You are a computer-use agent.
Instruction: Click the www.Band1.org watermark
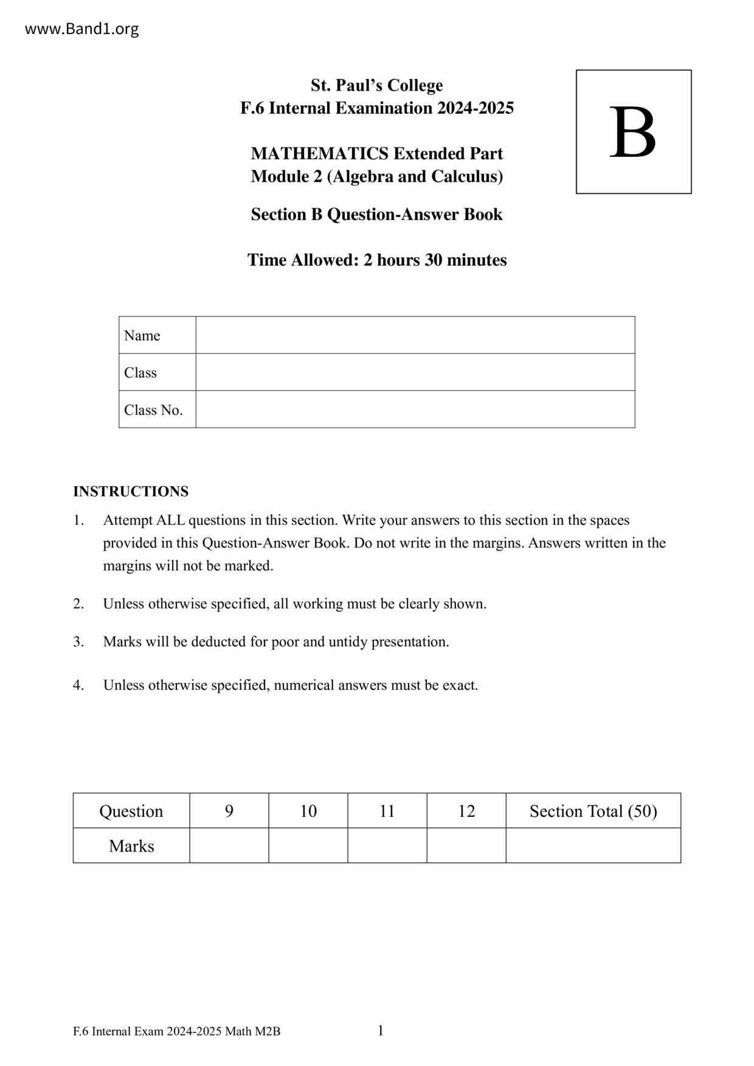pos(81,29)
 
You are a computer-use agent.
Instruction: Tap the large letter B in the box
pos(632,132)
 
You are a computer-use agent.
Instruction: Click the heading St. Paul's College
pos(376,85)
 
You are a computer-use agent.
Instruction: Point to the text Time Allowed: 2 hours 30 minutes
pos(376,260)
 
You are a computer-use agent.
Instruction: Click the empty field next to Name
pos(415,335)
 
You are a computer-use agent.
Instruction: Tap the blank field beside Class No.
pos(415,409)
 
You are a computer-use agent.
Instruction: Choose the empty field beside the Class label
pos(415,372)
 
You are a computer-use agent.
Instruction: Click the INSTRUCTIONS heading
pos(131,491)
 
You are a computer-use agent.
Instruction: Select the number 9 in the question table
pos(229,811)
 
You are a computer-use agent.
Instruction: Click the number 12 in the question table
pos(466,811)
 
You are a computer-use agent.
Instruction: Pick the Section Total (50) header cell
pos(593,811)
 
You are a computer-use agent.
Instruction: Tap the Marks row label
pos(131,845)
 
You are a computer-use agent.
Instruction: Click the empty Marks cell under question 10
pos(308,845)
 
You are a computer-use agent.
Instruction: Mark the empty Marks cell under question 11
pos(387,845)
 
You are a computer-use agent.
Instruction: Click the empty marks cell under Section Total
pos(593,845)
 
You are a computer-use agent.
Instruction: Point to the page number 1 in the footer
pos(381,1030)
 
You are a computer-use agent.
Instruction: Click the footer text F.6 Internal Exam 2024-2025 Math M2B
pos(176,1031)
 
